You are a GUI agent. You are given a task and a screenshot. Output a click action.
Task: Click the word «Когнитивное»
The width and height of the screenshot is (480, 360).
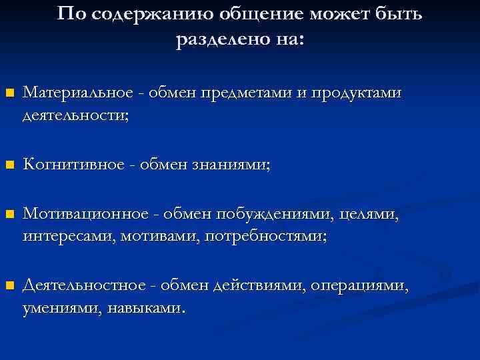coord(74,165)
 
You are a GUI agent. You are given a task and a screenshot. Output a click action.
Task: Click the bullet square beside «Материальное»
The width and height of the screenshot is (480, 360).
coord(9,94)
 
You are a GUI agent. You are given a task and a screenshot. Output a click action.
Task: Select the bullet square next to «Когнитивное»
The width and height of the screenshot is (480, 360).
coord(9,165)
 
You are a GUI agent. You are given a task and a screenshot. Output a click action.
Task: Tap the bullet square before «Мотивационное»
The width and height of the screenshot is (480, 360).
coord(9,215)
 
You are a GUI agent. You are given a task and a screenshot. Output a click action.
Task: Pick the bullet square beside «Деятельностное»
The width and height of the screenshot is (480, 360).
coord(9,286)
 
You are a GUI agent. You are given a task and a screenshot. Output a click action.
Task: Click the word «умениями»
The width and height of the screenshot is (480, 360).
coord(59,309)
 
